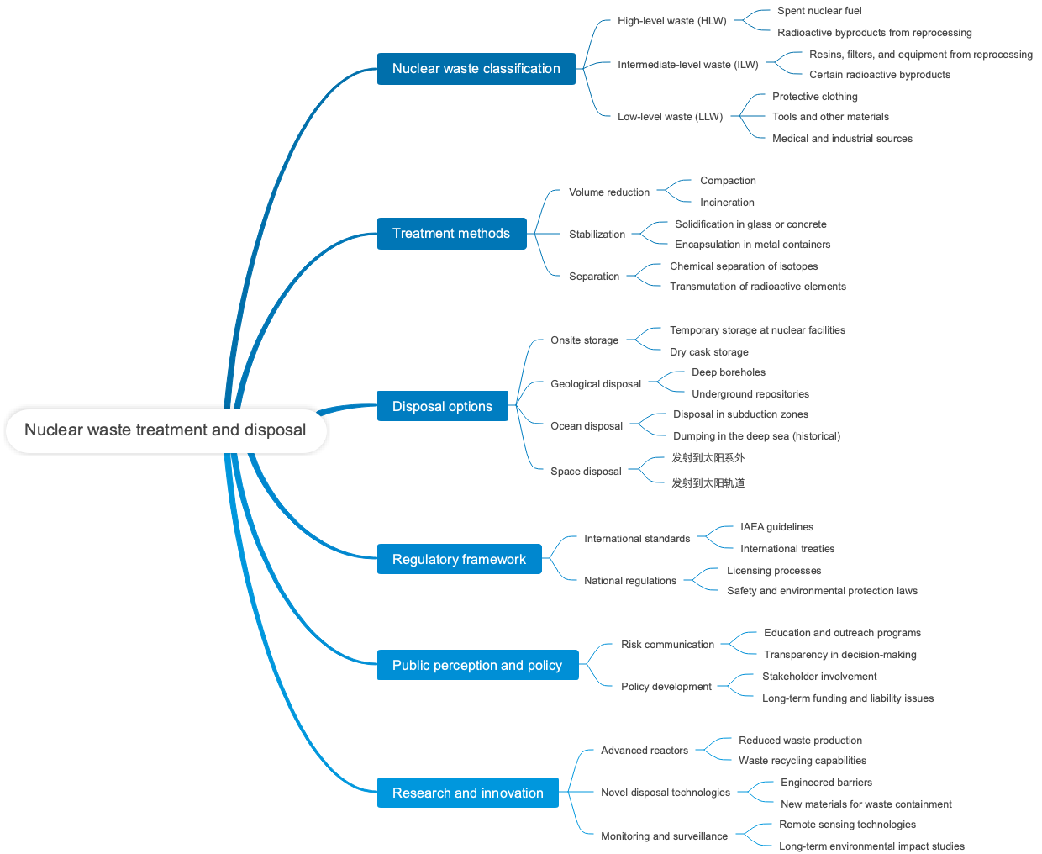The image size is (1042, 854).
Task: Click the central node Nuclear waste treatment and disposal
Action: pyautogui.click(x=166, y=430)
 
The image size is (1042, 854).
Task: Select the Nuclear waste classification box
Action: pyautogui.click(x=476, y=69)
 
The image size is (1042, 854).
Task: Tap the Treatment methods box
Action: pyautogui.click(x=451, y=234)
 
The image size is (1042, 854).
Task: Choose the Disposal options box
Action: pyautogui.click(x=442, y=407)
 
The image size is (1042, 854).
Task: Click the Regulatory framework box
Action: pyautogui.click(x=459, y=560)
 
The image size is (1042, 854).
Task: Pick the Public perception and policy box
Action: pyautogui.click(x=477, y=666)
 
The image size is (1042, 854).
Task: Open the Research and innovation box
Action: pyautogui.click(x=467, y=793)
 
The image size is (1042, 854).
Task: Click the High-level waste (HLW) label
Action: pyautogui.click(x=671, y=21)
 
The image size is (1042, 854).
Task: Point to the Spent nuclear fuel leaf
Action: pyautogui.click(x=819, y=11)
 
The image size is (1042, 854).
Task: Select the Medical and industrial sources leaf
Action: pyautogui.click(x=842, y=139)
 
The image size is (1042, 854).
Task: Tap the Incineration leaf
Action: pyautogui.click(x=727, y=203)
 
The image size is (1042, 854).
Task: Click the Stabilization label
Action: pyautogui.click(x=597, y=235)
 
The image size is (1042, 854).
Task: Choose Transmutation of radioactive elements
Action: pyautogui.click(x=757, y=287)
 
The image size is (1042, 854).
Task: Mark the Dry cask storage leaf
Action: pyautogui.click(x=708, y=352)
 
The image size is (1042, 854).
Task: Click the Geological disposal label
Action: pyautogui.click(x=595, y=384)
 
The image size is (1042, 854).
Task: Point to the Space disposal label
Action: pyautogui.click(x=586, y=472)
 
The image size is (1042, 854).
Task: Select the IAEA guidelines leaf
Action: pyautogui.click(x=776, y=527)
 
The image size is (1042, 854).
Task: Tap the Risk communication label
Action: pyautogui.click(x=667, y=645)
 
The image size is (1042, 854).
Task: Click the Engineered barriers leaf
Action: pyautogui.click(x=826, y=783)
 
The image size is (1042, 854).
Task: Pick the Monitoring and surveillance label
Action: pyautogui.click(x=664, y=836)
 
